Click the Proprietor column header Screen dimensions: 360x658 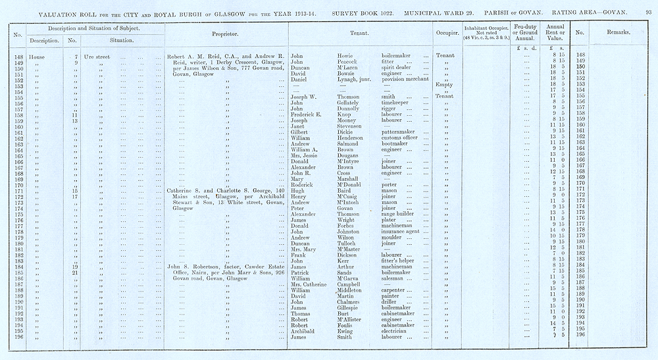pyautogui.click(x=225, y=33)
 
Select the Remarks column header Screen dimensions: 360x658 pyautogui.click(x=620, y=32)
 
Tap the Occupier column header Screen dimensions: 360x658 pyautogui.click(x=447, y=32)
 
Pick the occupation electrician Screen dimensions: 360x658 pyautogui.click(x=397, y=331)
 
